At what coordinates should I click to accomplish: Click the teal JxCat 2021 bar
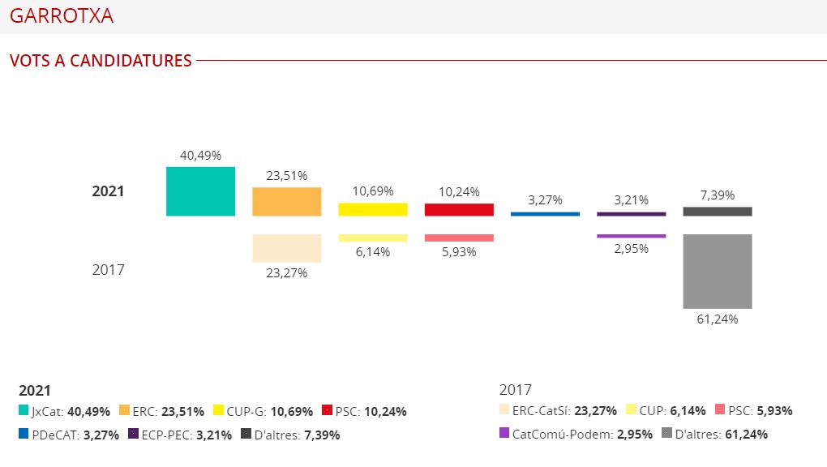click(200, 191)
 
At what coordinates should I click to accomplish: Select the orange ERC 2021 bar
click(286, 202)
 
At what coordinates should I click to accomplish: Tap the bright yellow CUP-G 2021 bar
click(372, 209)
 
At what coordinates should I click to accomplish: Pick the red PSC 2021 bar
click(459, 209)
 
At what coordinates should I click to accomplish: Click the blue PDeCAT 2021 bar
click(545, 214)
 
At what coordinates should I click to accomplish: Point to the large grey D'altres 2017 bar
click(717, 271)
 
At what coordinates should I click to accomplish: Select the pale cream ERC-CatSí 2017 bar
click(286, 248)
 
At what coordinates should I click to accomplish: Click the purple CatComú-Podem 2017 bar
click(631, 236)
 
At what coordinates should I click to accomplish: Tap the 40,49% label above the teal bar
click(200, 155)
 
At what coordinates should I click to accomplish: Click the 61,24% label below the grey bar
click(717, 319)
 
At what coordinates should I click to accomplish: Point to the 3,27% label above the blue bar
click(545, 200)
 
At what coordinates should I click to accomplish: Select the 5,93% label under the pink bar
click(459, 252)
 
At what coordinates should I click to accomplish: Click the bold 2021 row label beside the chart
click(108, 191)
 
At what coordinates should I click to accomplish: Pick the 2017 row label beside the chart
click(108, 269)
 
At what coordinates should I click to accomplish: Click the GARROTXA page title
click(62, 16)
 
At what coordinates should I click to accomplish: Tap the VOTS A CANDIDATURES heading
click(101, 61)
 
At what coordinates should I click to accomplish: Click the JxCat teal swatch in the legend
click(24, 411)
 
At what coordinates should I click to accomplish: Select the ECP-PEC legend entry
click(163, 435)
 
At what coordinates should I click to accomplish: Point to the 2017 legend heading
click(516, 390)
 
